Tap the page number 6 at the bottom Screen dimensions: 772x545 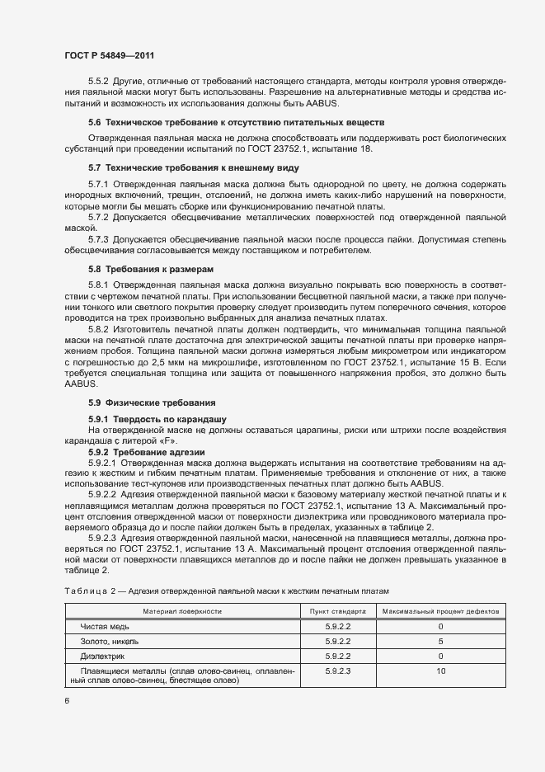[67, 700]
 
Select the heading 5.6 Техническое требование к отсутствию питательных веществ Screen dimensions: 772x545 [233, 122]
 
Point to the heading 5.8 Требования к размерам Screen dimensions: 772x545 [150, 270]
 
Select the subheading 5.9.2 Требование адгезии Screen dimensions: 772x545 [147, 452]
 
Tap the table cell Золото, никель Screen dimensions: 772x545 [109, 641]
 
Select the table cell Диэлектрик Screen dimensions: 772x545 [102, 656]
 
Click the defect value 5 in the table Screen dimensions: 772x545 [440, 641]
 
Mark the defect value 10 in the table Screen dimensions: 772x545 [440, 671]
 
